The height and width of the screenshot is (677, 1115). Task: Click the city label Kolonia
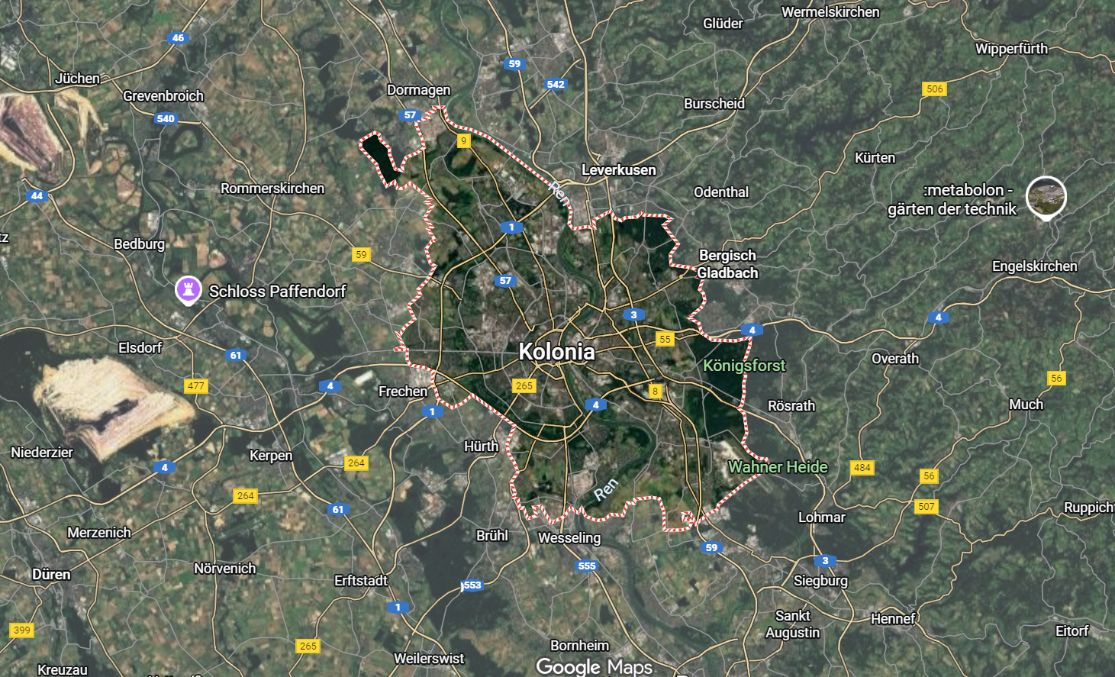coord(556,351)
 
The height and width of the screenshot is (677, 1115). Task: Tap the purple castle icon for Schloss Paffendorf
coord(189,290)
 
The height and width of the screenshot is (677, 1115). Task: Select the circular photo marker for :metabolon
coord(1046,196)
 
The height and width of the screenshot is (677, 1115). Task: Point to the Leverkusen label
coord(618,169)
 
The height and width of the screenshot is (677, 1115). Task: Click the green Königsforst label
coord(744,366)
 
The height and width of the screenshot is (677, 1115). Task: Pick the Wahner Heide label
coord(778,466)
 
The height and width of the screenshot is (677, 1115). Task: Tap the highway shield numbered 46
coord(178,37)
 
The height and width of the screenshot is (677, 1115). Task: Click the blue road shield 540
coord(166,118)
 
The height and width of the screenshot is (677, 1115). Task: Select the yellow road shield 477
coord(196,385)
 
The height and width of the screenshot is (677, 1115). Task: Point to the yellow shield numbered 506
coord(935,89)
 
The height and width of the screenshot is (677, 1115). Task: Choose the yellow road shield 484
coord(862,467)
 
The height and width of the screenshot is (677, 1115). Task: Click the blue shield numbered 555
coord(587,566)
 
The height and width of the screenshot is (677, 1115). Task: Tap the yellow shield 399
coord(22,630)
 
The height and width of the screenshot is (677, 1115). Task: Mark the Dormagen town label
coord(418,90)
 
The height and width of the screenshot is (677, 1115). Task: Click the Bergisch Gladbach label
coord(727,264)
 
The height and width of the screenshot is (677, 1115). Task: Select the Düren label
coord(51,574)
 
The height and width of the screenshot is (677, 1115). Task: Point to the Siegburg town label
coord(820,581)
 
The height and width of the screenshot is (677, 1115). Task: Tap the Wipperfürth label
coord(1011,49)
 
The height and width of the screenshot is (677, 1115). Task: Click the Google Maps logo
coord(594,666)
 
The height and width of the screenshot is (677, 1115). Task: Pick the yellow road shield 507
coord(926,506)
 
